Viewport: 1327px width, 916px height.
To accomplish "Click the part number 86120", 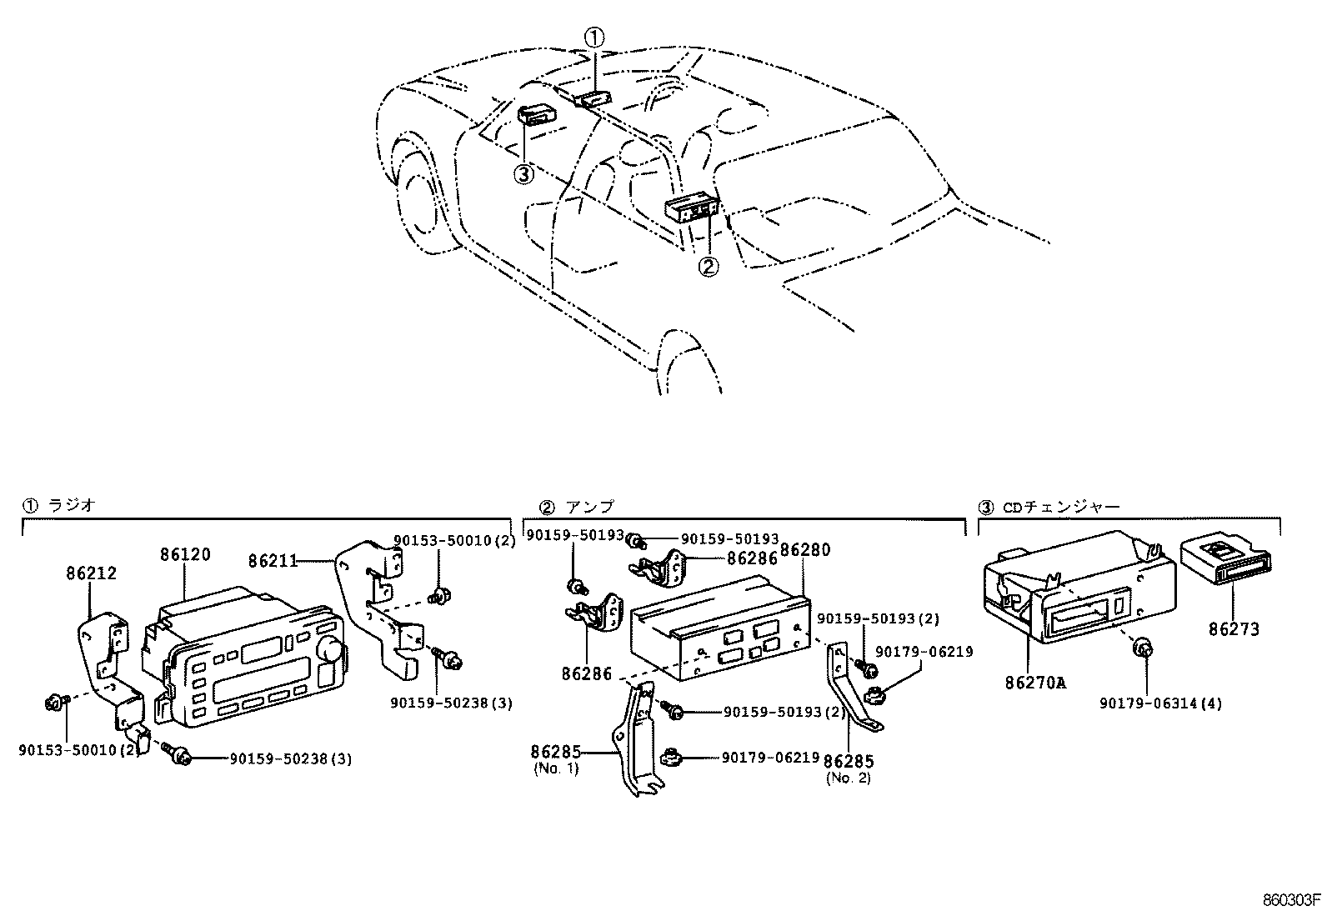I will [185, 555].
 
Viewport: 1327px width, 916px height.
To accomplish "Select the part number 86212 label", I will [91, 573].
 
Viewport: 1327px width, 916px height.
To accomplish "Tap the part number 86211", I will [272, 561].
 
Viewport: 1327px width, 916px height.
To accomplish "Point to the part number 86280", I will [805, 550].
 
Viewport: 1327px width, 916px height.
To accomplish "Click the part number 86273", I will [1234, 630].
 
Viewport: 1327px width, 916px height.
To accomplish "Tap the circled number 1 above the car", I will [593, 37].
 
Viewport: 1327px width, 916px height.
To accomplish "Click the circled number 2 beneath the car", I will [707, 267].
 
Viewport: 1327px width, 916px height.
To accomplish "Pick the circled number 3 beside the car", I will [523, 175].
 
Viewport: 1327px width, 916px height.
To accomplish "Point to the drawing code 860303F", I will [1292, 900].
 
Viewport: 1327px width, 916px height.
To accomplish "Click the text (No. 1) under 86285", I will [555, 768].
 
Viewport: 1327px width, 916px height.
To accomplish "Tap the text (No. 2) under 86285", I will [848, 778].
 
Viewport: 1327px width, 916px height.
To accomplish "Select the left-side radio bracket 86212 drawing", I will [110, 667].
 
